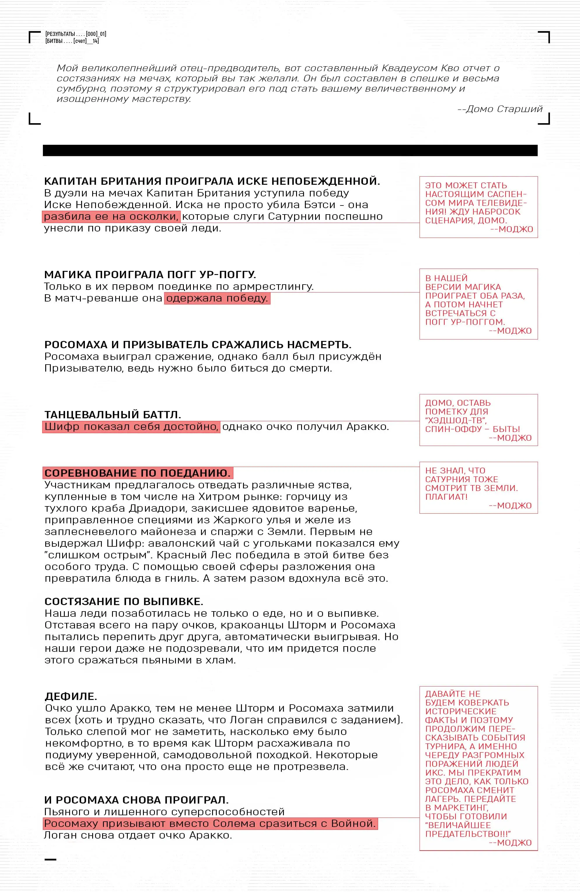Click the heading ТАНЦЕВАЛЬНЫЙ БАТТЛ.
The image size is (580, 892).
(112, 414)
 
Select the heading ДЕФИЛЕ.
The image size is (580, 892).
(71, 696)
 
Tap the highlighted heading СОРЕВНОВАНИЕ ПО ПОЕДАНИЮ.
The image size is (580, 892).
(137, 473)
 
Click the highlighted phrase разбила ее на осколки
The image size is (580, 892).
(111, 217)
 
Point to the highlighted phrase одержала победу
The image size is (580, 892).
(217, 298)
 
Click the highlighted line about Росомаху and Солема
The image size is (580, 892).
(210, 823)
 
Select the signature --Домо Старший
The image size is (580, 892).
(500, 109)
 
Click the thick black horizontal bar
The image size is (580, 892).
(290, 150)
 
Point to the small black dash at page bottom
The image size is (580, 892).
(50, 859)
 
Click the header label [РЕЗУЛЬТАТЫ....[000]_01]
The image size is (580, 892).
(76, 34)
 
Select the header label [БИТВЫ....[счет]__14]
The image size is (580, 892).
(72, 41)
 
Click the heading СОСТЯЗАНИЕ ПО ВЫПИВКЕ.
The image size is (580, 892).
(124, 602)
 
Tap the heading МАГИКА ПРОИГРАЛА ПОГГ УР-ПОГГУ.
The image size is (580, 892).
(150, 275)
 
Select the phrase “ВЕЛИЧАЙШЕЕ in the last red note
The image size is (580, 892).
(458, 825)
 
